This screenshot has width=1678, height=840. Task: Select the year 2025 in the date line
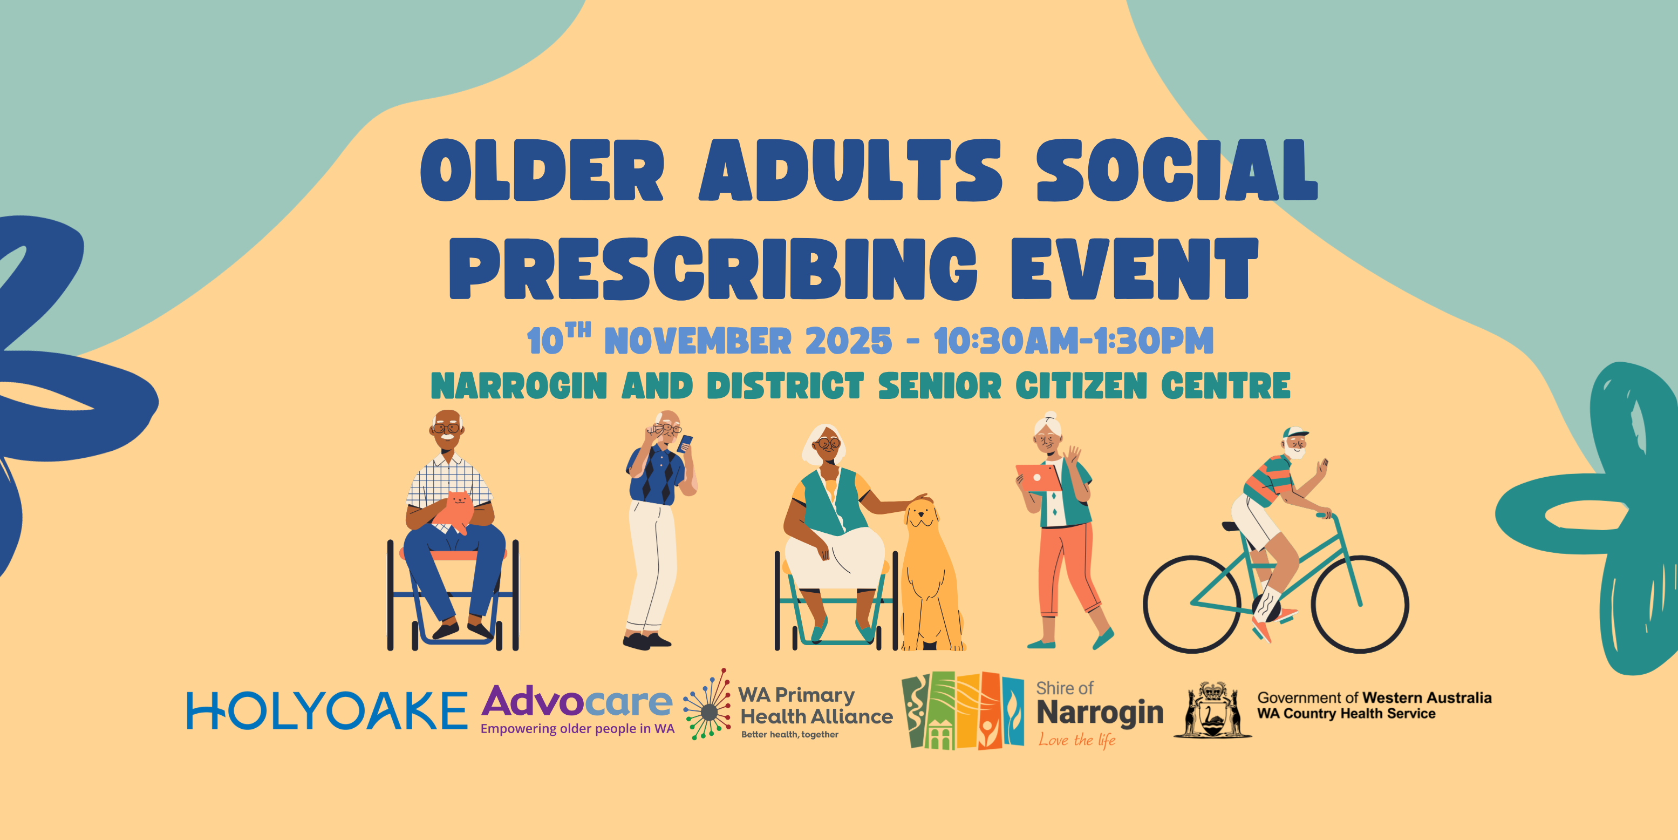[848, 341]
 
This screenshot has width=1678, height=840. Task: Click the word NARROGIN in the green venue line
[519, 386]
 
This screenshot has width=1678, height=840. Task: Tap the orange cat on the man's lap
[454, 512]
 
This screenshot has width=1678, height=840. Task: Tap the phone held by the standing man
[685, 443]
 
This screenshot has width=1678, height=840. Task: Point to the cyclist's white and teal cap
[1294, 433]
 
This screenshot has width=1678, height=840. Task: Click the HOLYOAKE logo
[327, 710]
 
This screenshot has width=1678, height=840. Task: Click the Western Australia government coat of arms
[1212, 710]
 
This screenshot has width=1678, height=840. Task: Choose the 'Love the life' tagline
[1077, 740]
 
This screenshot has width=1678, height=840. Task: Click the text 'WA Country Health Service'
[1346, 714]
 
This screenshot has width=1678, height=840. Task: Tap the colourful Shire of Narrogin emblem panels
[963, 710]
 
